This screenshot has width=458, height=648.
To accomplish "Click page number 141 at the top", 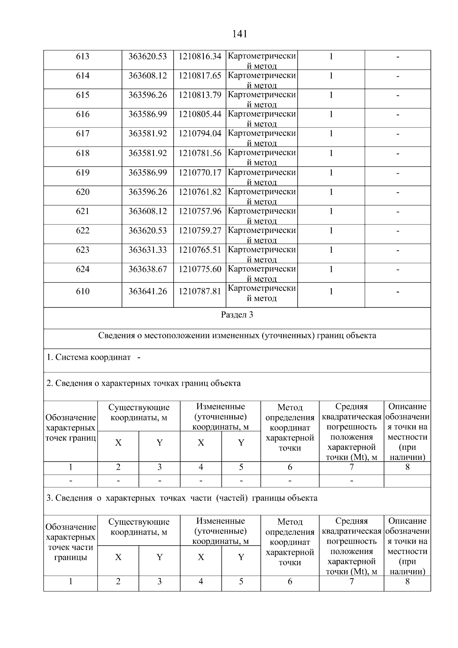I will click(x=239, y=34).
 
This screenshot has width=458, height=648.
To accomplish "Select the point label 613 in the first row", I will click(x=82, y=57).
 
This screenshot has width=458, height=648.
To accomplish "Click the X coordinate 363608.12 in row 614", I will click(x=147, y=76).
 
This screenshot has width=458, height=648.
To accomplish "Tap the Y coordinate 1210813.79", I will click(x=200, y=95).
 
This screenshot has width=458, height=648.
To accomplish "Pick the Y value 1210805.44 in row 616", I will click(x=200, y=114).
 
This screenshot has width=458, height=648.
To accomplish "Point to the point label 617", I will click(x=82, y=134).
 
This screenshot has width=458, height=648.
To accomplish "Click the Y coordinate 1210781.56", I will click(x=200, y=153).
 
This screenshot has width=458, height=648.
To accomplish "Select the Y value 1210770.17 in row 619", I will click(x=200, y=173).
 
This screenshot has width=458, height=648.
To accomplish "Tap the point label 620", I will click(x=82, y=192).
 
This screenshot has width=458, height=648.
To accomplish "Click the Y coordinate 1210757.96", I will click(x=200, y=211).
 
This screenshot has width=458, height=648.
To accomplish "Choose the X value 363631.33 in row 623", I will click(x=147, y=250).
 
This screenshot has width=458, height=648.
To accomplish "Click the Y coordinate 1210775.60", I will click(x=200, y=269).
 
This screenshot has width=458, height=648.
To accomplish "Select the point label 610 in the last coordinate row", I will click(x=82, y=292).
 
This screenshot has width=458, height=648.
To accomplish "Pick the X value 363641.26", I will click(x=147, y=292).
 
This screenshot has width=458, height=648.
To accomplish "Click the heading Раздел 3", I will click(x=237, y=315).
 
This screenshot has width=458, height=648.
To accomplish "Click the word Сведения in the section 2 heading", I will click(x=73, y=383).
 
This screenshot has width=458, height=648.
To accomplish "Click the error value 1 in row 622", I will click(x=331, y=231).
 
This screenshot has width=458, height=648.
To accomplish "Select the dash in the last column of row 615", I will click(x=398, y=95).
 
